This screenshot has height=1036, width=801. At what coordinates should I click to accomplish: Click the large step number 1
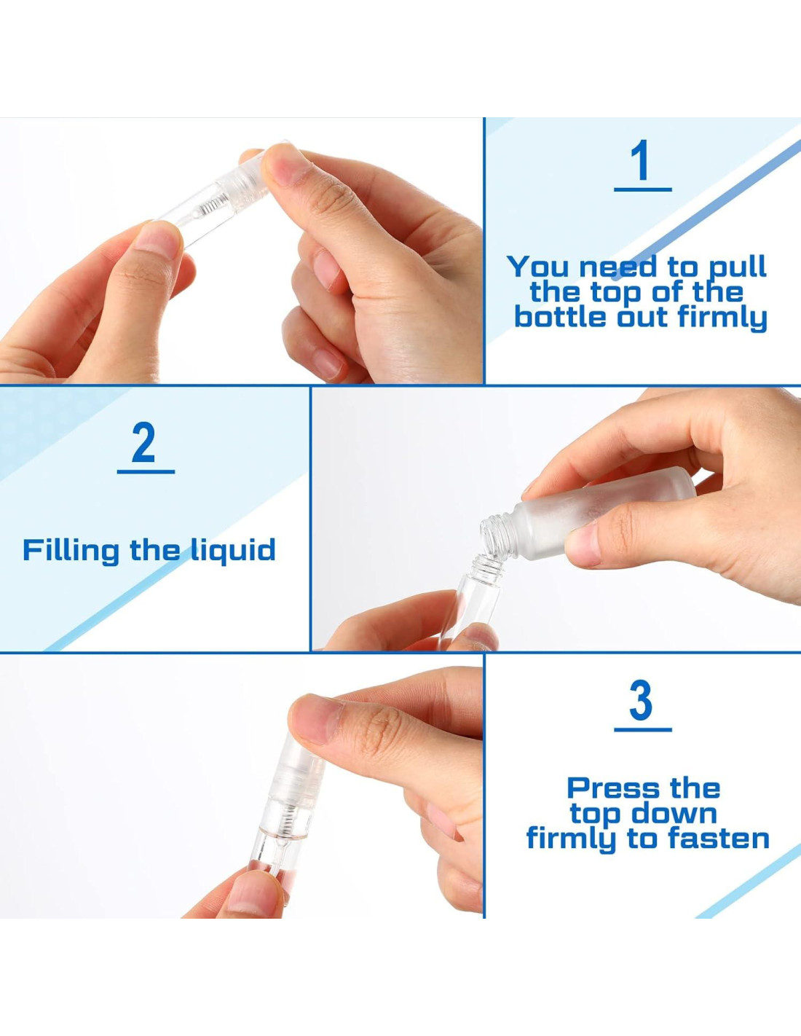(642, 160)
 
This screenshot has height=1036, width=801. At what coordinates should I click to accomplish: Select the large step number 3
(642, 700)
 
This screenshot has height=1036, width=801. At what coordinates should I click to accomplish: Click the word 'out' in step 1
(644, 318)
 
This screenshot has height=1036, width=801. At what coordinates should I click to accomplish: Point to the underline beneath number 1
(642, 189)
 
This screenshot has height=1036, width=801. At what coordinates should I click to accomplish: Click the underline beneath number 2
(146, 471)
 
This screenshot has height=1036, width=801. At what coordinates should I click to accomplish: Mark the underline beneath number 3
(643, 729)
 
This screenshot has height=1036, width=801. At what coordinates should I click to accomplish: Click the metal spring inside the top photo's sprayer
(212, 207)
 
